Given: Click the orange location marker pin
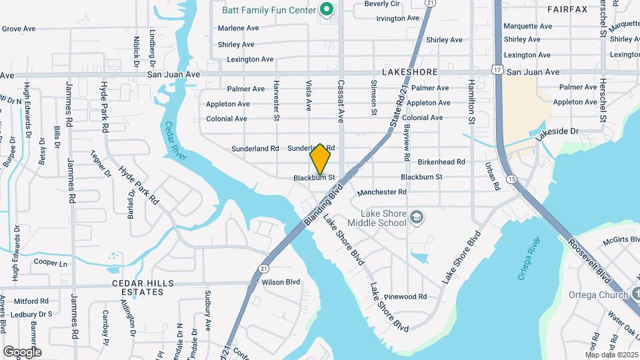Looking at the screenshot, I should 320,159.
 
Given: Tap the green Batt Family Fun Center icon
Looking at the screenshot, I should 326,9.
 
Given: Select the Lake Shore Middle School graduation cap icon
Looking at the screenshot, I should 417,217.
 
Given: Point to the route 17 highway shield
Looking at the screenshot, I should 498,69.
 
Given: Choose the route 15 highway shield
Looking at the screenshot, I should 511,179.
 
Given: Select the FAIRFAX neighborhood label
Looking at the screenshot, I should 567,9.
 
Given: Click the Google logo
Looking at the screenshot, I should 22,351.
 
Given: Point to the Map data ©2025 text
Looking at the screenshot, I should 611,355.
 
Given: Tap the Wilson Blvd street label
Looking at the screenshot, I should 281,282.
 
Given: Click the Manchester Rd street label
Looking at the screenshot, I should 381,192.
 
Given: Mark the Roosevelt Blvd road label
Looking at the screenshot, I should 590,258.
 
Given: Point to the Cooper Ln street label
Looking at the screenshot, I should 51,263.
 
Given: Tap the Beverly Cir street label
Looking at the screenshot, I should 382,4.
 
